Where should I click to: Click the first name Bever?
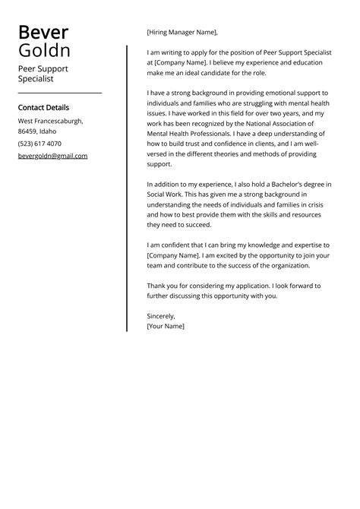[x=43, y=33]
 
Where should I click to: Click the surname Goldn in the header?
[x=44, y=51]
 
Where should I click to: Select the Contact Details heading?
[x=43, y=108]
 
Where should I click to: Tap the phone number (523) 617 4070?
[x=39, y=144]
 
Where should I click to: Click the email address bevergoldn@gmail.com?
[x=52, y=156]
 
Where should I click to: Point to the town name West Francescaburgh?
[x=50, y=121]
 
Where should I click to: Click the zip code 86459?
[x=27, y=132]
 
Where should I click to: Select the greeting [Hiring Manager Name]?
[x=182, y=33]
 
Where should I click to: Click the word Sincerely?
[x=161, y=315]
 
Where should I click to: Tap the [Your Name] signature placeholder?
[x=166, y=326]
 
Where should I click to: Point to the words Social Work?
[x=168, y=194]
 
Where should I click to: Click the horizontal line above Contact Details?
[x=59, y=93]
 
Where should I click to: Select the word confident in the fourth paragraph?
[x=177, y=245]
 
